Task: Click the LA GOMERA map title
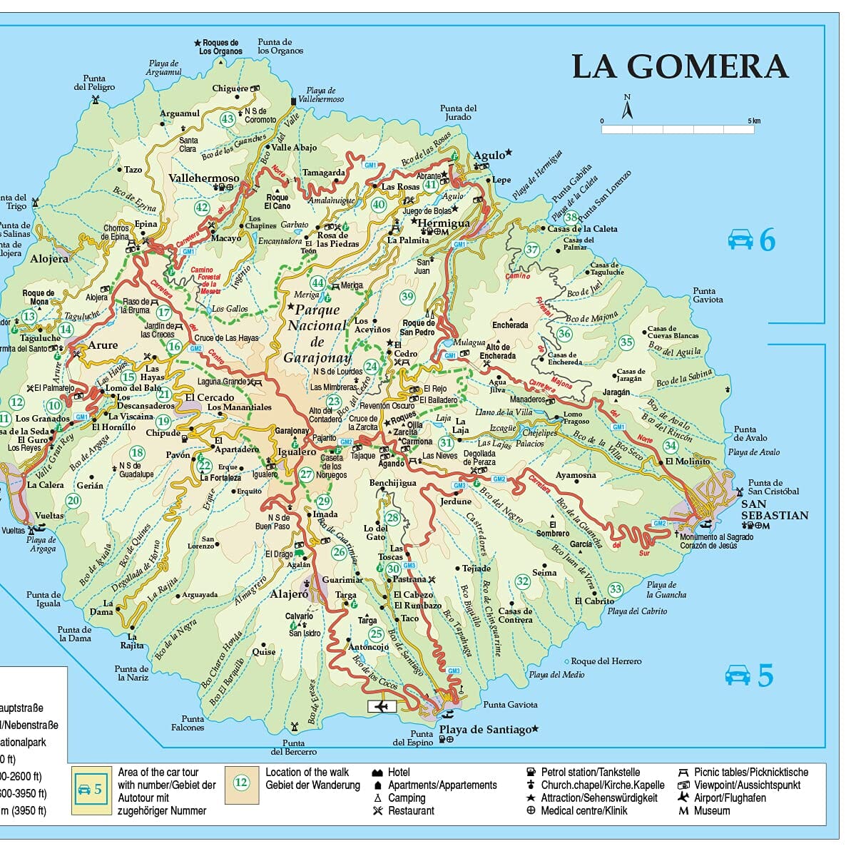[x=680, y=67]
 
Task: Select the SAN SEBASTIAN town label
[x=774, y=509]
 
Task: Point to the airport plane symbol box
[x=382, y=706]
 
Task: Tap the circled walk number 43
[x=228, y=119]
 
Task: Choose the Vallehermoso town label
[x=204, y=178]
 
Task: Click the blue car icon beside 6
[x=740, y=240]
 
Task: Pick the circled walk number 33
[x=616, y=589]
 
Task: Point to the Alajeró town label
[x=289, y=593]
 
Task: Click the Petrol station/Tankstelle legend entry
[x=589, y=772]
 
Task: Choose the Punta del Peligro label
[x=94, y=83]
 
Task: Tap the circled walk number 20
[x=73, y=501]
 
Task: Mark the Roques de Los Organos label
[x=220, y=47]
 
